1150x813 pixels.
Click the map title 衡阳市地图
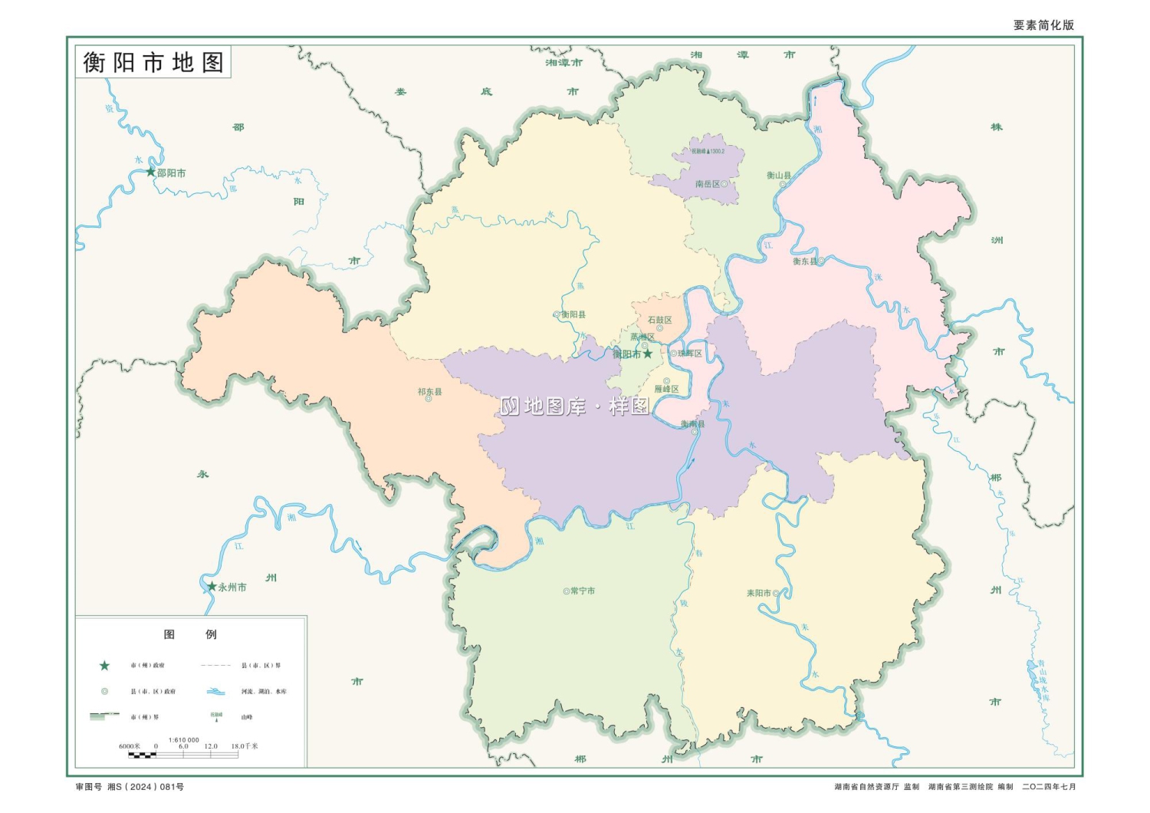coord(153,62)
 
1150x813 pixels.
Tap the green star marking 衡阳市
coord(648,354)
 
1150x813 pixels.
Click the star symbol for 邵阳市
coord(151,172)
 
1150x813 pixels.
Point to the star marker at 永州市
coord(212,587)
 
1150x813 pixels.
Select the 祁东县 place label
coord(429,392)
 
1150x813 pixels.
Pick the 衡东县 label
coord(803,262)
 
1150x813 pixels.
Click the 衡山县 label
coord(778,176)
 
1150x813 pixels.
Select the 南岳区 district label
coord(707,184)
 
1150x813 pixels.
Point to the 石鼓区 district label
coord(659,320)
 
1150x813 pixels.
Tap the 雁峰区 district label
coord(666,389)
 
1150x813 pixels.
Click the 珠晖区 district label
coord(689,354)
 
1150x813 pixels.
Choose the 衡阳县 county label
coord(573,314)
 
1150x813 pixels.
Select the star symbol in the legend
coord(105,666)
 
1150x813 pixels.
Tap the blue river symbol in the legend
coord(215,691)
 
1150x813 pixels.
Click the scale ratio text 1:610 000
coord(183,740)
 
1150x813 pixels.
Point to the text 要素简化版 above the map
coord(1043,25)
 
